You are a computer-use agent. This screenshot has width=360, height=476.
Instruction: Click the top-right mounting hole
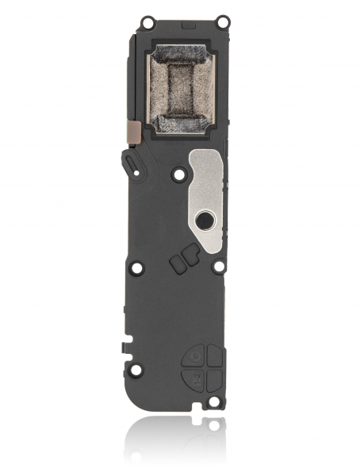(224, 20)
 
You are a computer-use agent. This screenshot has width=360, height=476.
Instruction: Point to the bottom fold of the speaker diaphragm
(180, 122)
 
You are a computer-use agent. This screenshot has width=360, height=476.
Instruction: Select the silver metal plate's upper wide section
(208, 162)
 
